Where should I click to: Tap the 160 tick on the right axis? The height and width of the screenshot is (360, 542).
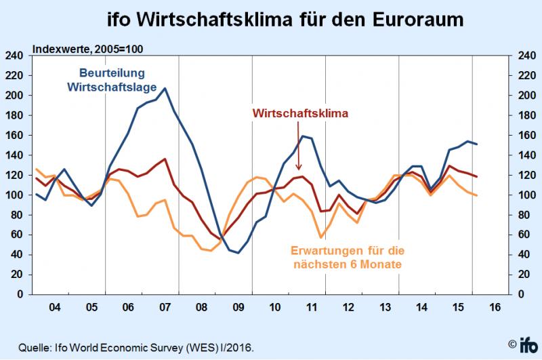(527, 136)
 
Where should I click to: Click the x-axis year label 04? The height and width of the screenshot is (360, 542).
(54, 307)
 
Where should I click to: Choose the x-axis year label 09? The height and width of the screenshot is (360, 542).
(237, 307)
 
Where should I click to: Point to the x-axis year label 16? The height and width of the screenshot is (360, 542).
(494, 307)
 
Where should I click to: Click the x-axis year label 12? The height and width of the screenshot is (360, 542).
(348, 307)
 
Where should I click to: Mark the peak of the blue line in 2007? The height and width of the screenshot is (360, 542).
(165, 88)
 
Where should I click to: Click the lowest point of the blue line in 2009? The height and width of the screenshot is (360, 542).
(238, 253)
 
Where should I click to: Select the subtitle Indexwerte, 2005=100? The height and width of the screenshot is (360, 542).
(88, 49)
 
